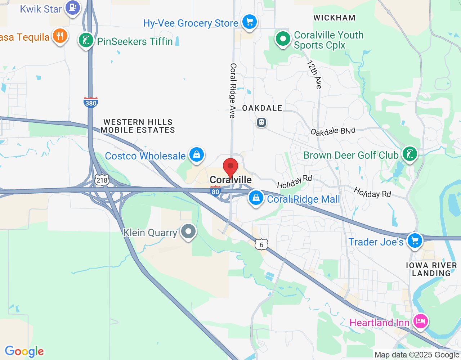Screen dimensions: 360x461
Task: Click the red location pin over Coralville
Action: [230, 167]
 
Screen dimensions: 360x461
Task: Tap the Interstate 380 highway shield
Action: [91, 103]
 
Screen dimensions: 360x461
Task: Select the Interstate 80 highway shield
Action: [215, 191]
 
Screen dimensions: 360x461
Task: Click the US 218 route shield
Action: [102, 180]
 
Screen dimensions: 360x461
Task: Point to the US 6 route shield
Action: [261, 244]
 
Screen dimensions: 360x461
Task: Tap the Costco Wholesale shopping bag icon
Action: [196, 154]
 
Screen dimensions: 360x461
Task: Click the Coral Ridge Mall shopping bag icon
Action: [256, 198]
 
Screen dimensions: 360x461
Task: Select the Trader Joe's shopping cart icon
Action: [415, 240]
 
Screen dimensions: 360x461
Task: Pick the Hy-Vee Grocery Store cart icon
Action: [249, 22]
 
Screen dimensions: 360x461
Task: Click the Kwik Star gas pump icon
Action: [73, 7]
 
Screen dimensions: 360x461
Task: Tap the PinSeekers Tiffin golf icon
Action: [86, 40]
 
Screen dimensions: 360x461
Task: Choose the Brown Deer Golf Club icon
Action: [409, 154]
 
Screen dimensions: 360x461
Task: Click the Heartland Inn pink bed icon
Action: [420, 321]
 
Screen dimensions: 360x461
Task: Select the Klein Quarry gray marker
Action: [188, 231]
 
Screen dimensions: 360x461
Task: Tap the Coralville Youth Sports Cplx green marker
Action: [283, 39]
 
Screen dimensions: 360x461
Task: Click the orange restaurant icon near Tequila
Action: [60, 36]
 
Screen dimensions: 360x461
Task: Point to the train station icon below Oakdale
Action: [261, 122]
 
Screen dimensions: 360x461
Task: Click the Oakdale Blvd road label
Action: [333, 131]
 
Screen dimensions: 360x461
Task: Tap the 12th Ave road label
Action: [314, 74]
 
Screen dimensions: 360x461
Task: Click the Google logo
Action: [24, 351]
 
